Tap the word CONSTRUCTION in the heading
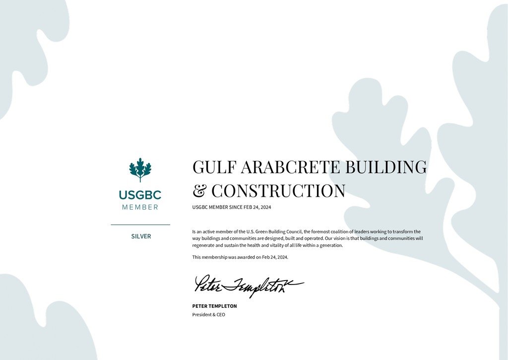[278, 191]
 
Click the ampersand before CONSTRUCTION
[199, 191]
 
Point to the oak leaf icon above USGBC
[140, 170]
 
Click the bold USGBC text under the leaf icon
[140, 195]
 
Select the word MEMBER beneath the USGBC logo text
[140, 207]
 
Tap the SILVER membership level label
[141, 236]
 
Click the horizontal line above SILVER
[140, 225]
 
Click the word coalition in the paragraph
[336, 231]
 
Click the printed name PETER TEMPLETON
[214, 306]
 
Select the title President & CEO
[208, 314]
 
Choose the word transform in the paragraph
[403, 231]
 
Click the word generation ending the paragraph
[331, 245]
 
